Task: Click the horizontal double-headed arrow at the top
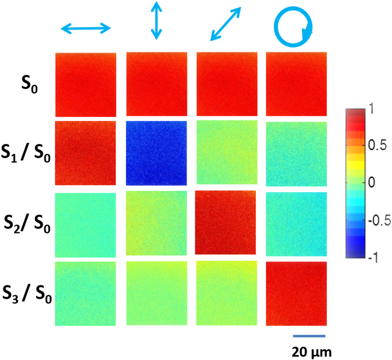(86, 28)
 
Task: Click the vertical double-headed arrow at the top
(156, 20)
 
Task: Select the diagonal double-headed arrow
(225, 24)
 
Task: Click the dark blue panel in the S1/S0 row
(156, 153)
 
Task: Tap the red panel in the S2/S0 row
(225, 222)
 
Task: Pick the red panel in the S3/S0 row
(296, 294)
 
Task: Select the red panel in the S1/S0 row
(85, 153)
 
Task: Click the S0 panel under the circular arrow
(296, 84)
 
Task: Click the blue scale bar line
(310, 336)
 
